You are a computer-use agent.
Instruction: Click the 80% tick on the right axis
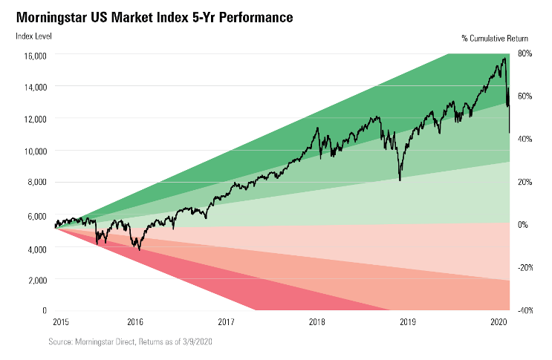525,53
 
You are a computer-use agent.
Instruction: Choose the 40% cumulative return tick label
525,139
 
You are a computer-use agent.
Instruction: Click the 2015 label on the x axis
62,322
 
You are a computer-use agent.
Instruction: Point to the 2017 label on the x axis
227,322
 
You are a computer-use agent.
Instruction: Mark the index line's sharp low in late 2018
400,180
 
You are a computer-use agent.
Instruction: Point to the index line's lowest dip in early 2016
139,249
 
